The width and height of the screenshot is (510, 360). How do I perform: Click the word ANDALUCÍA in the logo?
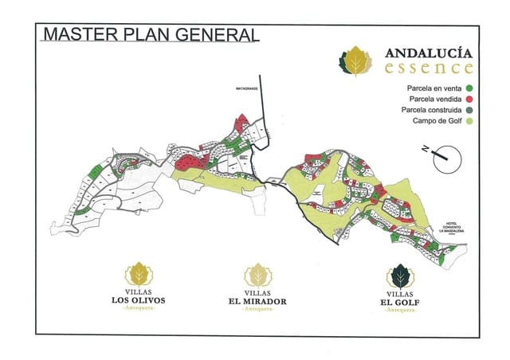[430, 53]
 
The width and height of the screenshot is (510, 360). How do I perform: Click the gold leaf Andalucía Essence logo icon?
[356, 61]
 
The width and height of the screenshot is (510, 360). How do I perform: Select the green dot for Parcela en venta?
[471, 88]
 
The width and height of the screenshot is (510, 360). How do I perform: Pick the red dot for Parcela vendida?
[471, 99]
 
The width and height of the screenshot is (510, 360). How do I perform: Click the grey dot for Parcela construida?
[471, 110]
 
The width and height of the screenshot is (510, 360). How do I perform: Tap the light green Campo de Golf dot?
[471, 121]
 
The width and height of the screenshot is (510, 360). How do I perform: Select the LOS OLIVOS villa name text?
[139, 301]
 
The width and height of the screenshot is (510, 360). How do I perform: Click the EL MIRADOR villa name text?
[257, 302]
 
